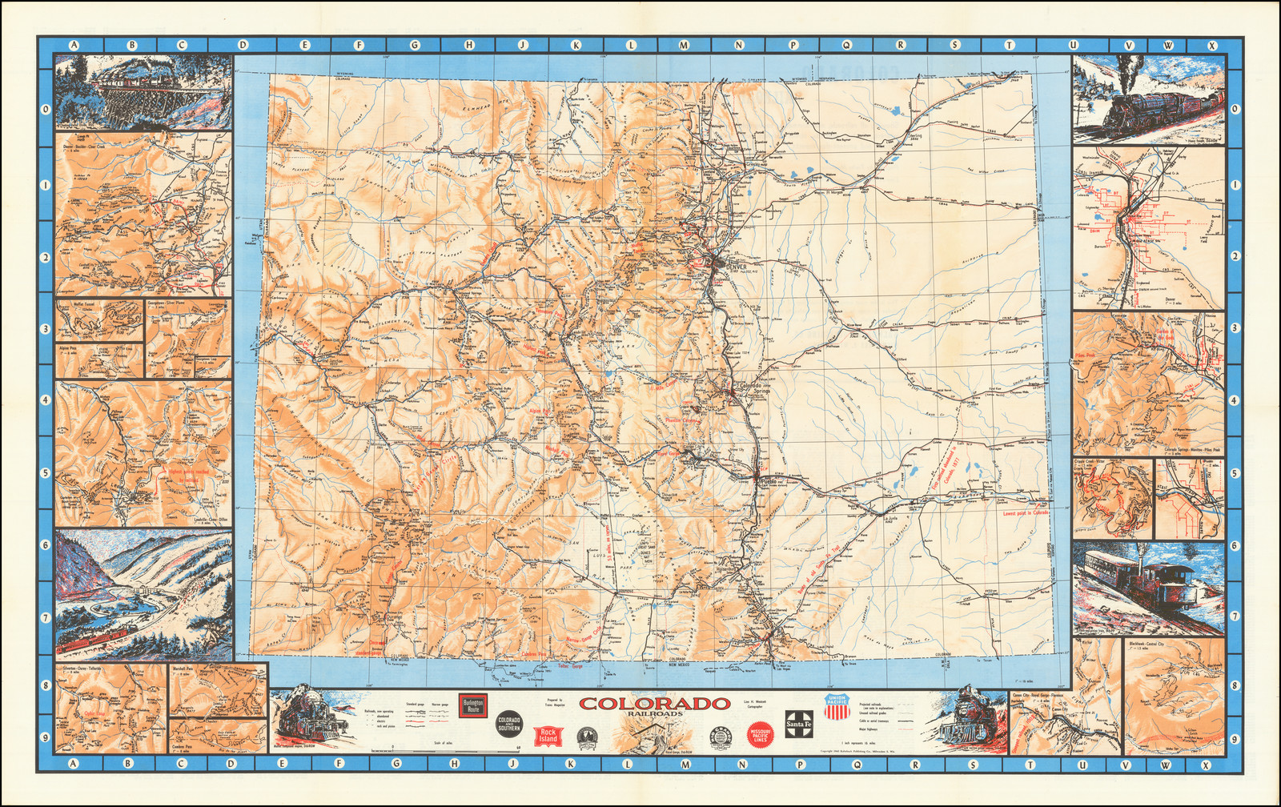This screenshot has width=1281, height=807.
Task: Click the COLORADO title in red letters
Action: [655, 704]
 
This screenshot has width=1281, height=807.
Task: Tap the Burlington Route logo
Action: [472, 706]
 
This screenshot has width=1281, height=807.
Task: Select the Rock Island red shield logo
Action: [548, 735]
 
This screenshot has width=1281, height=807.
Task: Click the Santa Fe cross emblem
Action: [799, 722]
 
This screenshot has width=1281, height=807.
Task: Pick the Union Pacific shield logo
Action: [836, 706]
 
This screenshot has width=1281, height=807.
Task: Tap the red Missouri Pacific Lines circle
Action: [760, 735]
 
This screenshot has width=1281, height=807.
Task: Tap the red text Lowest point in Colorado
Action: [1026, 513]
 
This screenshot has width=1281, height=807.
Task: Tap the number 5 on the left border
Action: [46, 472]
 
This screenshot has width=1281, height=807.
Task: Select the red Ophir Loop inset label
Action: [94, 715]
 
